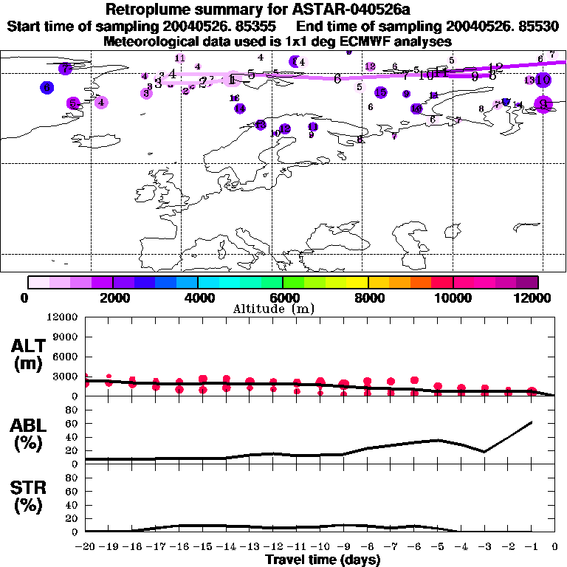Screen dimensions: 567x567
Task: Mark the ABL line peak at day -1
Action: [x=532, y=422]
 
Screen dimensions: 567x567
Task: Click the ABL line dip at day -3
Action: [x=484, y=452]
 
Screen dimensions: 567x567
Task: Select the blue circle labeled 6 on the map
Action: [x=47, y=87]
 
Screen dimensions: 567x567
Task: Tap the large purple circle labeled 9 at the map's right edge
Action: [x=543, y=104]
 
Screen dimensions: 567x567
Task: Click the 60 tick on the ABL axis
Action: [x=72, y=424]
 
